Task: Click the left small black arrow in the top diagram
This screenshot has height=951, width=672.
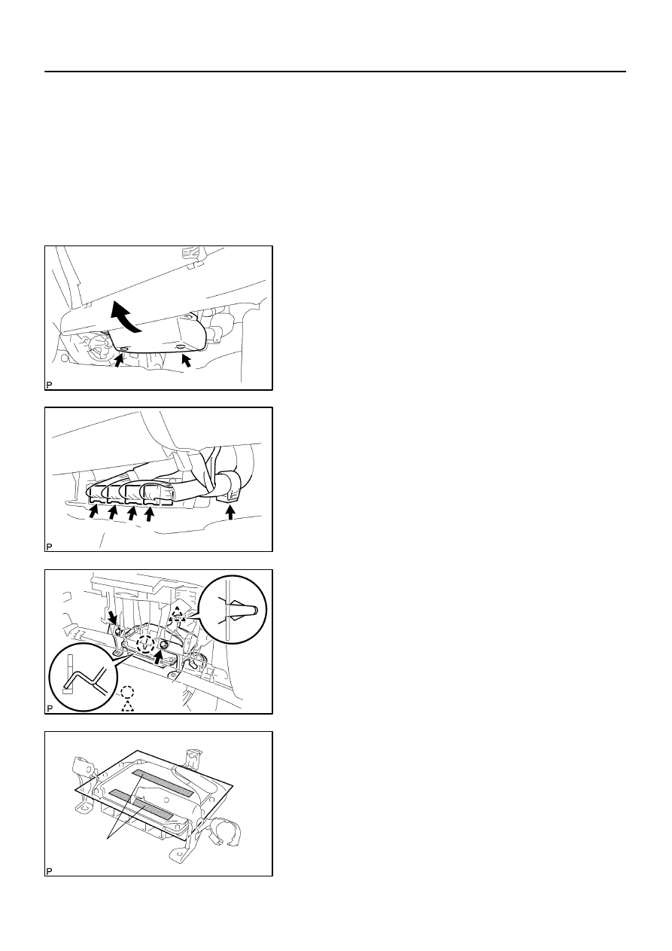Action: [x=119, y=360]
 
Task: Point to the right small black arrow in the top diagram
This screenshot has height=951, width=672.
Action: [x=186, y=361]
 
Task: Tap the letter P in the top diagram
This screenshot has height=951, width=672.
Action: [x=49, y=385]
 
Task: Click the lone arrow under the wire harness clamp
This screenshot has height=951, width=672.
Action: [x=230, y=512]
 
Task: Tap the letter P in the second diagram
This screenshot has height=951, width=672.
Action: [x=49, y=547]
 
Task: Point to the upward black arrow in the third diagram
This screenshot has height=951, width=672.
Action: [x=158, y=657]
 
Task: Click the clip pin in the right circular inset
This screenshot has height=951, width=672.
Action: [x=242, y=611]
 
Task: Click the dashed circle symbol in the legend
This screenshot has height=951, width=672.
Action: [x=127, y=693]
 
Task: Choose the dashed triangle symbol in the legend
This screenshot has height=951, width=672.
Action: [x=128, y=706]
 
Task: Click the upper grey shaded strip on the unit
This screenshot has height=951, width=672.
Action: [x=163, y=783]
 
